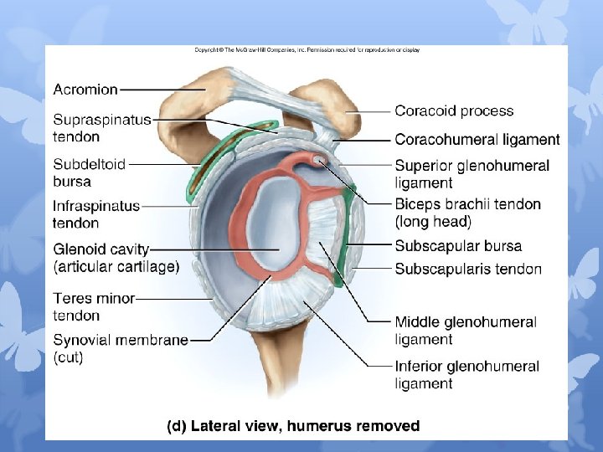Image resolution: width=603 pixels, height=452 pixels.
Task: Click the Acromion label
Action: [x=85, y=89]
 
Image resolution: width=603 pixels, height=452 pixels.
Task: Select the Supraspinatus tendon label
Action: [x=101, y=128]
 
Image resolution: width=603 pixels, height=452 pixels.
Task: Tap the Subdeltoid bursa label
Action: [x=89, y=172]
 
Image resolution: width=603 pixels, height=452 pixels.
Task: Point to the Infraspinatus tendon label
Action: [x=96, y=214]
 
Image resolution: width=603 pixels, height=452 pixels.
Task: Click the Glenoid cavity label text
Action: [x=101, y=249]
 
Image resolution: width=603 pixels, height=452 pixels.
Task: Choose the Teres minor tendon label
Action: [x=94, y=306]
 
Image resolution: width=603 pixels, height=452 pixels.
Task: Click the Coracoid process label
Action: [x=454, y=110]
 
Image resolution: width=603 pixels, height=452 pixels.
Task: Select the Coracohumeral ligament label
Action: [x=477, y=140]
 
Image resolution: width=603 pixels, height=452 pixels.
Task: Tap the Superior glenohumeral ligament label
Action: [x=472, y=174]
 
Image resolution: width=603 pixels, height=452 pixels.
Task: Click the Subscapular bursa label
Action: [x=458, y=246]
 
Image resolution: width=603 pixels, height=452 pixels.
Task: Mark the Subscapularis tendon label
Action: [x=468, y=269]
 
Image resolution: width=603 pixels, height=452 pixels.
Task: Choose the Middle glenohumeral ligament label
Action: [x=465, y=331]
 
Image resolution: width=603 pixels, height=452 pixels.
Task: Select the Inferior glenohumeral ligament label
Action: [x=466, y=375]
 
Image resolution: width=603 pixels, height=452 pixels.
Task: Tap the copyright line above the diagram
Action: [x=307, y=50]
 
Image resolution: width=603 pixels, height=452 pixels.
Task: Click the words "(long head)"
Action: [x=433, y=222]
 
